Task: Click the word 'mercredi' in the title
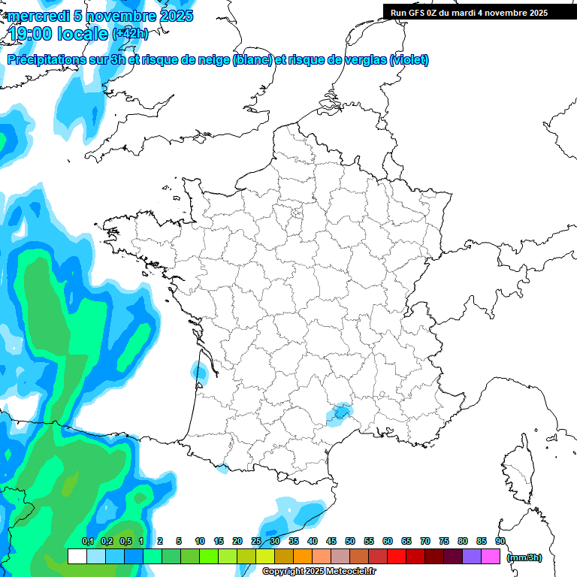(38, 16)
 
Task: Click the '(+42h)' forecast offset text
(130, 34)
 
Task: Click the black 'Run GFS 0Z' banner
(469, 12)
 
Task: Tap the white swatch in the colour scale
(77, 557)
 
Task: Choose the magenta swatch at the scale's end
(491, 557)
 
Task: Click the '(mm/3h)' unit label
(524, 557)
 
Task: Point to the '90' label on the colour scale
(500, 542)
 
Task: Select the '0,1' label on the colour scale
(87, 542)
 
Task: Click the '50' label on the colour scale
(350, 542)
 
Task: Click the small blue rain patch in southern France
(340, 412)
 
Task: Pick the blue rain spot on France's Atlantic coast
(200, 370)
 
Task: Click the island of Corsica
(518, 470)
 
